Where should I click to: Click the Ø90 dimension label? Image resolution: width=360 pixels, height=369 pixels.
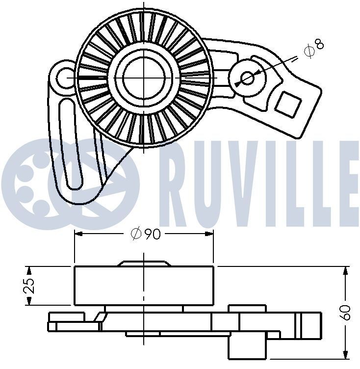pyautogui.click(x=146, y=235)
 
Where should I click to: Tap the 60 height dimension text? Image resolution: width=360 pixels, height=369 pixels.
pyautogui.click(x=347, y=312)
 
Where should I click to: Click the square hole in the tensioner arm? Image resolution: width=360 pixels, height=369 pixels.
pyautogui.click(x=287, y=104)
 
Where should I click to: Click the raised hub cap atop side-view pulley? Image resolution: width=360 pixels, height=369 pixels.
pyautogui.click(x=144, y=264)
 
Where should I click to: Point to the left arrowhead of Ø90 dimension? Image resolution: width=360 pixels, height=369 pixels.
pyautogui.click(x=77, y=235)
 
